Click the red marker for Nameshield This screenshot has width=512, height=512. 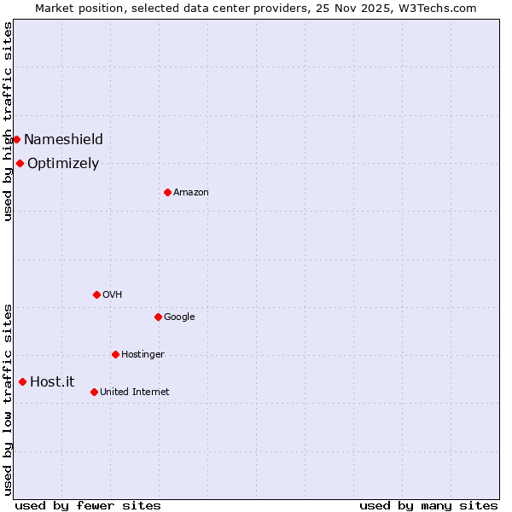tap(16, 139)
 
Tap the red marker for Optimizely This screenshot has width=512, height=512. tap(20, 163)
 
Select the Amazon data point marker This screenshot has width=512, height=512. tap(167, 192)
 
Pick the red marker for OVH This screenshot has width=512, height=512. tap(96, 294)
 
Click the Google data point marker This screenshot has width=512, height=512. tap(158, 317)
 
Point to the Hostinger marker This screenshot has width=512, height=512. tap(115, 354)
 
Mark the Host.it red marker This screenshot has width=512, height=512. tap(22, 381)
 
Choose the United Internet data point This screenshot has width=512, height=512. tap(94, 392)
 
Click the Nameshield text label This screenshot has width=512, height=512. tap(63, 139)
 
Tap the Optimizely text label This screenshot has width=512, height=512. tap(63, 163)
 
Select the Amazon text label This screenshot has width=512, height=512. tap(190, 192)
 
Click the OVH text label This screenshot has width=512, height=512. tap(112, 294)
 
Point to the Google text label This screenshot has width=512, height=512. tap(179, 317)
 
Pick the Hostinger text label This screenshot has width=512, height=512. tap(143, 354)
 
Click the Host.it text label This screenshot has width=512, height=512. tap(52, 381)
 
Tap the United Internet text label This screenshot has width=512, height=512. tap(134, 392)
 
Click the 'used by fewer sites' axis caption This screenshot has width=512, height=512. tap(88, 505)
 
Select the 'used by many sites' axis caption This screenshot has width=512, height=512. tap(428, 505)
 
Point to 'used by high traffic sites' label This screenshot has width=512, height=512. tap(8, 121)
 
